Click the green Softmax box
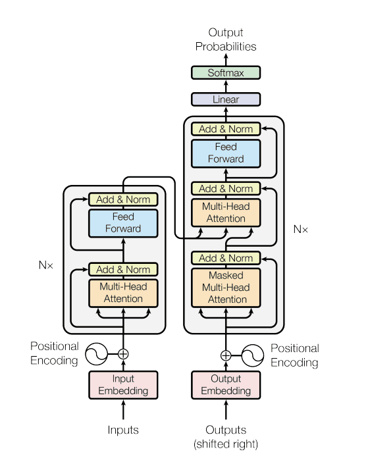click(226, 73)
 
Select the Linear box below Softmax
click(226, 99)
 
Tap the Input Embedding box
click(123, 384)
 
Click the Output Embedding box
click(226, 384)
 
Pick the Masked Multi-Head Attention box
click(226, 287)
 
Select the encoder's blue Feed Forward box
click(123, 222)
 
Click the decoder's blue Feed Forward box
click(226, 153)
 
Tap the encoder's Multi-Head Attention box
click(123, 293)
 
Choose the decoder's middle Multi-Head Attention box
click(226, 213)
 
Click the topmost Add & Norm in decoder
click(226, 129)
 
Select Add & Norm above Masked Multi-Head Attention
click(226, 258)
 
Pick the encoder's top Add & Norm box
click(123, 199)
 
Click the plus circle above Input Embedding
click(123, 354)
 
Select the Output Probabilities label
click(226, 39)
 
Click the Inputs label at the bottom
click(123, 430)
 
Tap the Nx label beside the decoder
click(300, 230)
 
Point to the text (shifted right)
click(226, 444)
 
